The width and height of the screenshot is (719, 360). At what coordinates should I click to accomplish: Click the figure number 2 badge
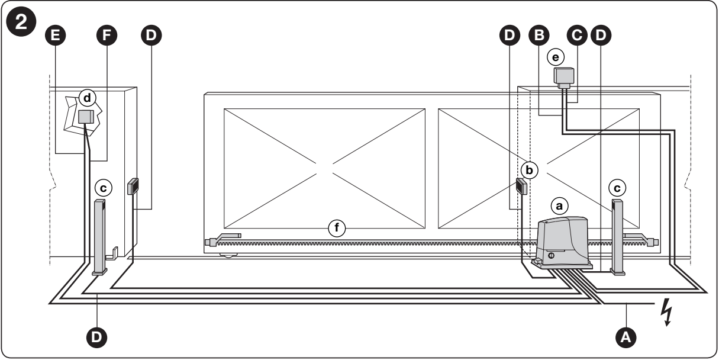21,22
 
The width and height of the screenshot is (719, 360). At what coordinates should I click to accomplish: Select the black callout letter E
56,35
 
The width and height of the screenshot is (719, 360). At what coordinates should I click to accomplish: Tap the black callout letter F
107,35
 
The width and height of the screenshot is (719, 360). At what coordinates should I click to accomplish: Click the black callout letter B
539,35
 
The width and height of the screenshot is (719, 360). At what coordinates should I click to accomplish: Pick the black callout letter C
577,35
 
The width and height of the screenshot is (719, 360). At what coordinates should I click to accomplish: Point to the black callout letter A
626,337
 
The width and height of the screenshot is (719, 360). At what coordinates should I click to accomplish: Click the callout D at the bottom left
96,337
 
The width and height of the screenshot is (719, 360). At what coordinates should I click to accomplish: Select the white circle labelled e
556,57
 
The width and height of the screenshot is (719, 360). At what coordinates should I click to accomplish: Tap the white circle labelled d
88,98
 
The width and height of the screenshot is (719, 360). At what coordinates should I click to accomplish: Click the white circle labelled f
337,228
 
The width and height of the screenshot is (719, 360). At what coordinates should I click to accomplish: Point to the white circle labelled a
559,206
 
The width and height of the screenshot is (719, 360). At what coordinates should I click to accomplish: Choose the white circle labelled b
529,170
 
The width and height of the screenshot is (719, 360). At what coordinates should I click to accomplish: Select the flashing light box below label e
564,78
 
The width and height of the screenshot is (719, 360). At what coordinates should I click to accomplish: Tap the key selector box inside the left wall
86,117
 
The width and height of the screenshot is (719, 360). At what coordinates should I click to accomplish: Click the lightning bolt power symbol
667,312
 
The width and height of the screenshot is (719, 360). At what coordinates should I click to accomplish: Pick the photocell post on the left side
99,237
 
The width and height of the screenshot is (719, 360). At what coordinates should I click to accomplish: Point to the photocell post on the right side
618,237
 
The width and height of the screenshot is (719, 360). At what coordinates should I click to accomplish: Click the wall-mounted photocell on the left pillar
133,187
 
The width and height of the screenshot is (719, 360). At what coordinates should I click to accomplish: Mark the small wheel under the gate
228,255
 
